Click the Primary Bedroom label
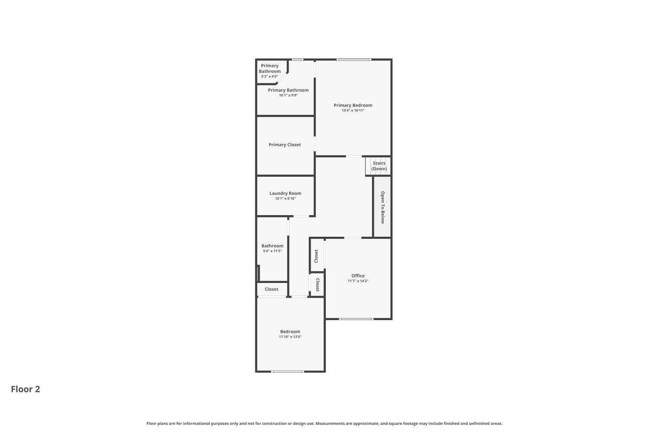coord(353,105)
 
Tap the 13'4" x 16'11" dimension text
coord(353,111)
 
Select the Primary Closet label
coord(284,145)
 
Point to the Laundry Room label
coord(285,193)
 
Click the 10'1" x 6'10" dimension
coord(285,199)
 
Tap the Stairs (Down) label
coord(379,166)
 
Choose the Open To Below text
coord(382,207)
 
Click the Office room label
coord(358,276)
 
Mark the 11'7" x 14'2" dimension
coord(358,281)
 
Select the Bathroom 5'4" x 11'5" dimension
coord(272,251)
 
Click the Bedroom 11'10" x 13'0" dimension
coord(290,337)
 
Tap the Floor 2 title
coord(26,389)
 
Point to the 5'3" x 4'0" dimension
coord(269,76)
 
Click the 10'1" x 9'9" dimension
coord(288,95)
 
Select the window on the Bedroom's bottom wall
coord(287,371)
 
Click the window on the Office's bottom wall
coord(356,319)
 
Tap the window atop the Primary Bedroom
coord(353,60)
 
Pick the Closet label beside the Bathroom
coord(271,289)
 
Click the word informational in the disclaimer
coord(196,423)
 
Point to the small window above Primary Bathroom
coord(297,60)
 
